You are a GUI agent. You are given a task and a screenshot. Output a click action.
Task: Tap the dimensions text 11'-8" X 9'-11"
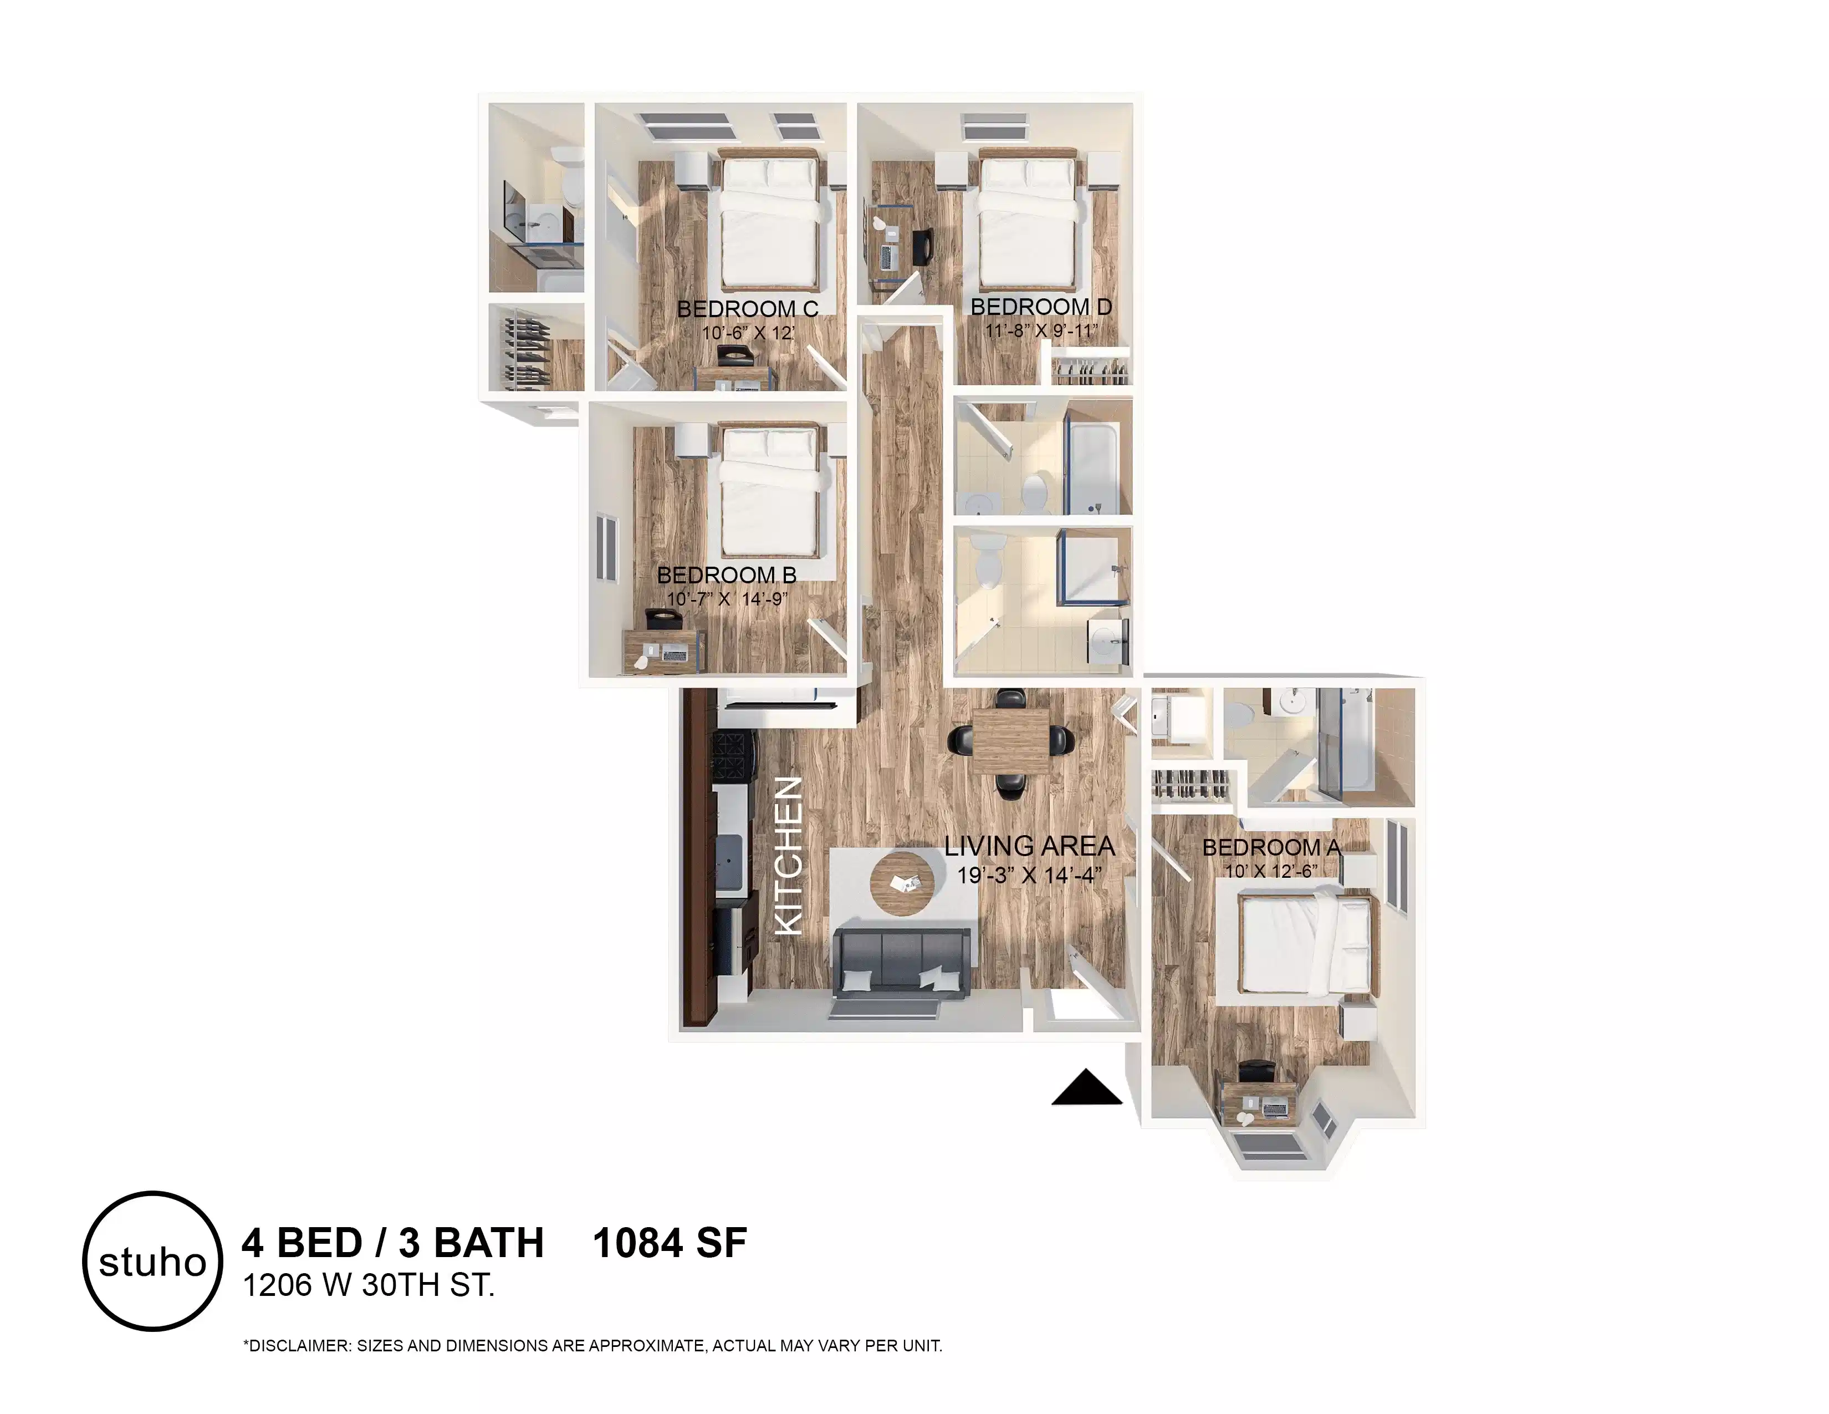(1041, 330)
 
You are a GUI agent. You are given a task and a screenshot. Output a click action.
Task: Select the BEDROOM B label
(726, 576)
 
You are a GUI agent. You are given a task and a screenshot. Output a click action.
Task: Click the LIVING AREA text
(1029, 847)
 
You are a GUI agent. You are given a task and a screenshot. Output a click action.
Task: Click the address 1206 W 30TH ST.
(369, 1285)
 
